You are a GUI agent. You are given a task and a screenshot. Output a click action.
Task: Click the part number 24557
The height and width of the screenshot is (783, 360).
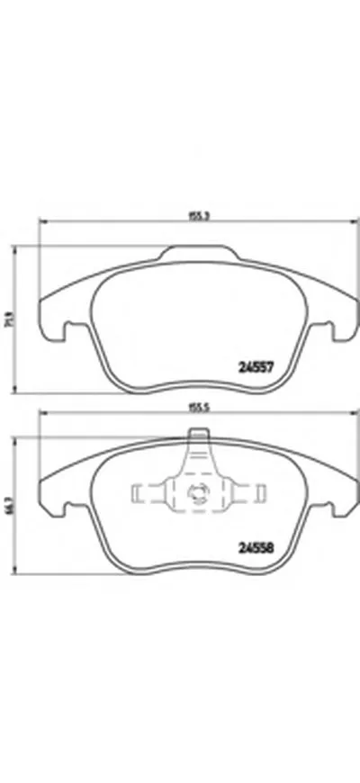coord(255,366)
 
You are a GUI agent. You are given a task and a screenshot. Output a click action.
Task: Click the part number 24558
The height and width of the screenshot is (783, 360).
coord(255,545)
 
